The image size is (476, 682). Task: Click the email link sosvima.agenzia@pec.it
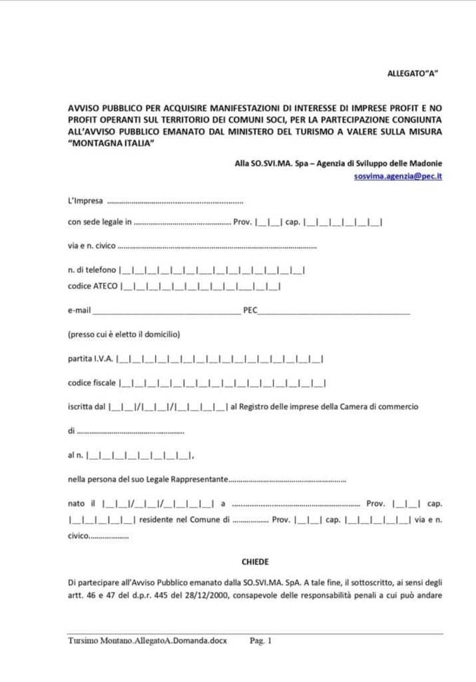[x=398, y=176]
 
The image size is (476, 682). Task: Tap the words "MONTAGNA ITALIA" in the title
[x=111, y=145]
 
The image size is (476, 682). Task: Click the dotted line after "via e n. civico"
[x=217, y=246]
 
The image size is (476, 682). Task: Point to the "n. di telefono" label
[x=92, y=270]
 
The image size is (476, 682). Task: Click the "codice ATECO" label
[x=93, y=286]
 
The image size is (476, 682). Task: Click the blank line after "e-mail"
[x=166, y=311]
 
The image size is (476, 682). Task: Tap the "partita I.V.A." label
[x=91, y=360]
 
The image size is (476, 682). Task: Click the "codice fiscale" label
[x=92, y=383]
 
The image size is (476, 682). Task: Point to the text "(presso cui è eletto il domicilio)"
[x=124, y=334]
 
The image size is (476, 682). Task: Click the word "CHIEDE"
[x=255, y=561]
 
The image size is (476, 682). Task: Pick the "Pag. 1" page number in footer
[x=261, y=641]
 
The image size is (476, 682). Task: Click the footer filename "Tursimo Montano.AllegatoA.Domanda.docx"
[x=147, y=641]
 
